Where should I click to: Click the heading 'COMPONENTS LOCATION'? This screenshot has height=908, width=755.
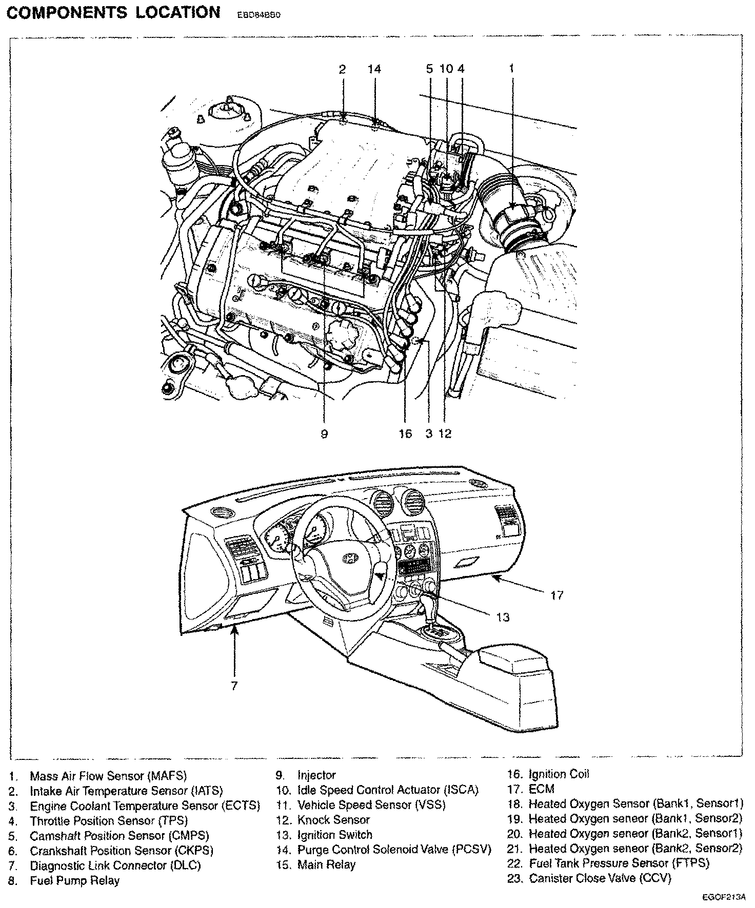pos(113,12)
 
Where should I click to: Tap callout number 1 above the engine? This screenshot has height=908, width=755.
pos(511,68)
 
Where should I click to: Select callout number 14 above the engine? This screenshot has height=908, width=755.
pos(375,68)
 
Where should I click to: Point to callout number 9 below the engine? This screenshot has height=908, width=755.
pos(324,434)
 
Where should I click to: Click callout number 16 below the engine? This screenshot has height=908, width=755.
pos(405,434)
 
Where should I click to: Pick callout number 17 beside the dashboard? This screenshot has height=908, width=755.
pos(557,595)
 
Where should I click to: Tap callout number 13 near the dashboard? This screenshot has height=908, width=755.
pos(503,617)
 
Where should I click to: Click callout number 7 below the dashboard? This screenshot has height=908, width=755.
pos(234,686)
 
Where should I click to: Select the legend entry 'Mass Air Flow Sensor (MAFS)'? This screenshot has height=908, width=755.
pos(108,776)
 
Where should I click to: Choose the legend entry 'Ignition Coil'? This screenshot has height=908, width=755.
pos(559,775)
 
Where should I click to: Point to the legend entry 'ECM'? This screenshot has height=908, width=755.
pos(542,790)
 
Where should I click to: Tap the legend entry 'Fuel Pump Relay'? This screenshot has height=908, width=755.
pos(74,881)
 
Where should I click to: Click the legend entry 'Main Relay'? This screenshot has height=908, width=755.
pos(326,865)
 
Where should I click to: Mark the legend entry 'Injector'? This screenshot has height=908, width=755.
pos(316,776)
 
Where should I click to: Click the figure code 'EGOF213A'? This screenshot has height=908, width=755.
pos(724,898)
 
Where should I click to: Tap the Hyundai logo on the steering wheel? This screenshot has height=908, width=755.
pos(349,558)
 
